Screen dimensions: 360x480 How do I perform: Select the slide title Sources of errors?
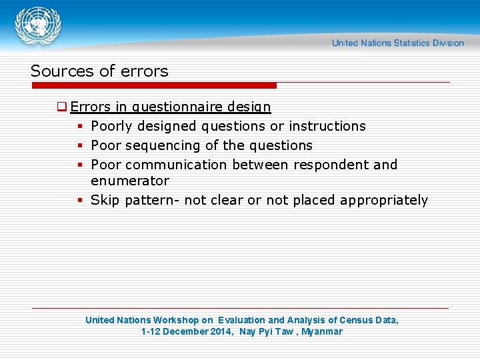point(99,71)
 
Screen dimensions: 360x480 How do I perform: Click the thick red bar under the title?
point(153,85)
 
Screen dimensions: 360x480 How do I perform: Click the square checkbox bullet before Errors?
point(61,107)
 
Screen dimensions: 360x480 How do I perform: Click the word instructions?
point(327,126)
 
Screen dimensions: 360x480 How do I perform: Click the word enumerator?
point(130,181)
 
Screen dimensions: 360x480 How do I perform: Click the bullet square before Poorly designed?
point(79,126)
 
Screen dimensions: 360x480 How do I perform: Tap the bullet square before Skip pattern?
point(79,200)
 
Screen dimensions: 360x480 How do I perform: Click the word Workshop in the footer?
point(177,320)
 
